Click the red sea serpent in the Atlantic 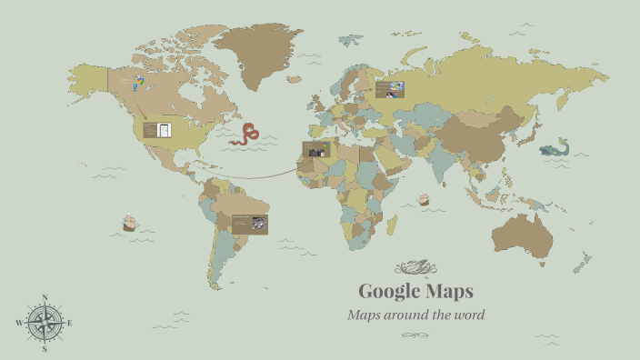[245, 135]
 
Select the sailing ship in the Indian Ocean [424, 199]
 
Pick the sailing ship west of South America [129, 222]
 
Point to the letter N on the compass [45, 297]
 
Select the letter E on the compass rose [70, 323]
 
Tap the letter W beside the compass [18, 323]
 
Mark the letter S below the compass [45, 348]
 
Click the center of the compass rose [45, 323]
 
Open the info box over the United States [157, 130]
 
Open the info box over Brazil [249, 224]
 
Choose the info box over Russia [389, 89]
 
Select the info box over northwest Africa [316, 149]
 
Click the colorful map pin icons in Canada [137, 84]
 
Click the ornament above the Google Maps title [415, 267]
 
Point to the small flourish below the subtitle [415, 335]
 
